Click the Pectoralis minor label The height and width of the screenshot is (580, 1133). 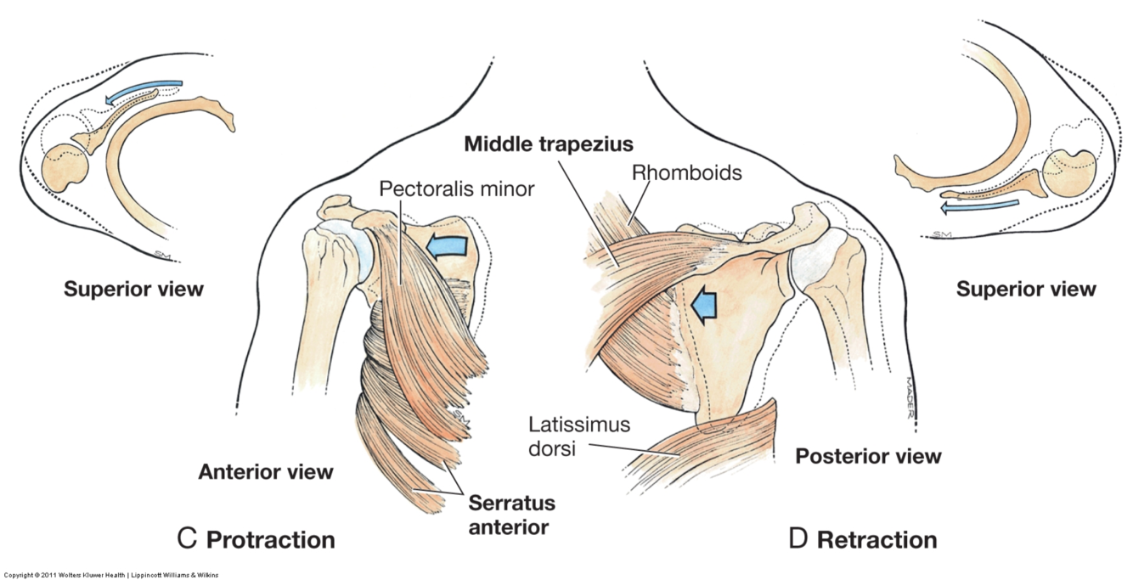pyautogui.click(x=456, y=188)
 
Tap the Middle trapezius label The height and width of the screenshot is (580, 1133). pyautogui.click(x=549, y=143)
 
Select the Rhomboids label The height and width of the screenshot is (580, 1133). pyautogui.click(x=687, y=173)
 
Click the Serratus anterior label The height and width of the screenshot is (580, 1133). pyautogui.click(x=511, y=515)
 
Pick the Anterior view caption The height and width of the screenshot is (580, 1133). pyautogui.click(x=266, y=471)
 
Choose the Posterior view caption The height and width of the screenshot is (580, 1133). pyautogui.click(x=868, y=456)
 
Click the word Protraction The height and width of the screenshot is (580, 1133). pyautogui.click(x=270, y=539)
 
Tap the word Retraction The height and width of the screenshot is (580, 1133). pyautogui.click(x=877, y=539)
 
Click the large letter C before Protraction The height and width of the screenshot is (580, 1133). pyautogui.click(x=187, y=538)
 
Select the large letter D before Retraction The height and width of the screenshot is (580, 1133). pyautogui.click(x=798, y=538)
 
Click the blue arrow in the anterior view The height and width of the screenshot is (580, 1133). pyautogui.click(x=447, y=245)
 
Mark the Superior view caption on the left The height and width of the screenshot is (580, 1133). pyautogui.click(x=133, y=289)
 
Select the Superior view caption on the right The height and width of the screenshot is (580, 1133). pyautogui.click(x=1026, y=289)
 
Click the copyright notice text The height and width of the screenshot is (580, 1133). pyautogui.click(x=110, y=575)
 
